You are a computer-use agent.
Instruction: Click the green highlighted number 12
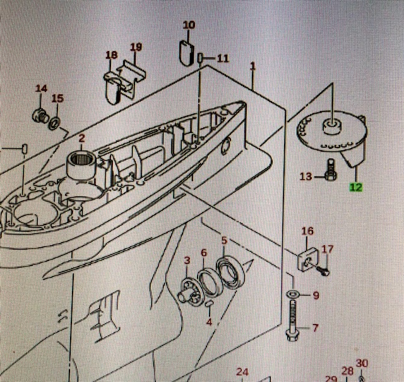356,187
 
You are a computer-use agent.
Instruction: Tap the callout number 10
189,25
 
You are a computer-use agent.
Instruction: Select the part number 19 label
136,47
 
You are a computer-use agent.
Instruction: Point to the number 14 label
41,88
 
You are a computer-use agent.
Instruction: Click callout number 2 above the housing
81,138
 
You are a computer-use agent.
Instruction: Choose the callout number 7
316,328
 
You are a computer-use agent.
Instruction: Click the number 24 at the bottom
243,372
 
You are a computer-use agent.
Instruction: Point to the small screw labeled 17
323,271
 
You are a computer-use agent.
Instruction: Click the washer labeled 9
294,295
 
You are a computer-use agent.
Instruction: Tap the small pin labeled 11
200,59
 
